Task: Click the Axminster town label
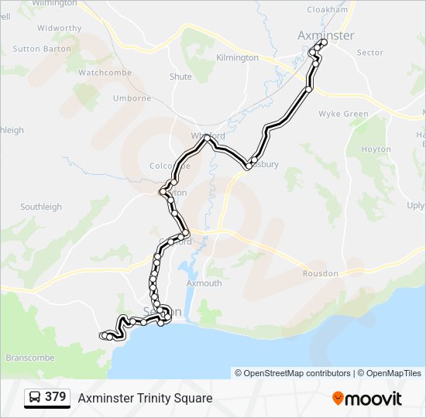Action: point(326,36)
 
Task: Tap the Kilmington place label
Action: point(238,58)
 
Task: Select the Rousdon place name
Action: point(320,273)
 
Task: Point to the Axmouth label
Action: point(204,283)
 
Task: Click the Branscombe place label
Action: point(30,358)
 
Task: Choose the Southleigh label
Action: point(40,207)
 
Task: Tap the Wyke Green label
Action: point(344,114)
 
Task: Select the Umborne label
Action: point(132,98)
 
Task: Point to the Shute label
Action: point(180,77)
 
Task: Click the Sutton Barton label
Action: point(41,49)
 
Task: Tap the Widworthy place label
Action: point(59,28)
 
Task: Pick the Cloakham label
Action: point(328,9)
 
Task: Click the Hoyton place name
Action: point(376,149)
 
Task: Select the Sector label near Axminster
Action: point(370,53)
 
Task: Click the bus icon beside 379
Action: point(35,398)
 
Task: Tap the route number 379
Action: point(55,397)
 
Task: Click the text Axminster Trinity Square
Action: point(145,398)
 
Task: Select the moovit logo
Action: point(367,398)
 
